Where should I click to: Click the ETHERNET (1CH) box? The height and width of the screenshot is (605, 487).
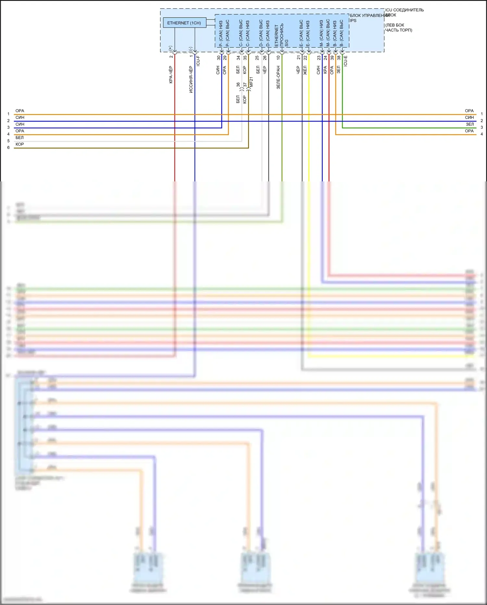click(x=184, y=23)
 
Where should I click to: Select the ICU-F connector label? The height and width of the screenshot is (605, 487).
click(x=198, y=61)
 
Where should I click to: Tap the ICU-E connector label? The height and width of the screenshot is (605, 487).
click(x=345, y=61)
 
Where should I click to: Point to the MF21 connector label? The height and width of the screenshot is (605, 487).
click(x=251, y=82)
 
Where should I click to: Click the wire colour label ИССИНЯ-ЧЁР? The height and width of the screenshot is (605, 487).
click(x=191, y=80)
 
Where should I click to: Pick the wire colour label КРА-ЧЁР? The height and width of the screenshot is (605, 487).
click(x=171, y=75)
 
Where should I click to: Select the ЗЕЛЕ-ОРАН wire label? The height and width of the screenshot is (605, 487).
click(x=278, y=77)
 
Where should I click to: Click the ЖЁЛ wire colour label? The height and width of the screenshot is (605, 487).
click(x=305, y=70)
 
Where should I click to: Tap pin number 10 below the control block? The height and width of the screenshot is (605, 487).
click(x=278, y=58)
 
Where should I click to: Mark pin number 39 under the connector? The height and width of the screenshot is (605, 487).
click(x=332, y=58)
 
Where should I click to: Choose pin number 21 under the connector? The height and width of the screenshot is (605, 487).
click(x=298, y=58)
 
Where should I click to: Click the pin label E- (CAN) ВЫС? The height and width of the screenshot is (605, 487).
click(x=301, y=33)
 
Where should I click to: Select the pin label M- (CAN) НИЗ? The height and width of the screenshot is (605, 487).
click(x=321, y=33)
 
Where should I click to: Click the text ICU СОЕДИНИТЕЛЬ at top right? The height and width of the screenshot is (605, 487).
click(x=404, y=10)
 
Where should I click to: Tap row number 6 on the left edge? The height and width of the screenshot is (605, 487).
click(x=8, y=148)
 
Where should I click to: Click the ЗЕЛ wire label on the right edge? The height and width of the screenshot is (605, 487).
click(x=470, y=124)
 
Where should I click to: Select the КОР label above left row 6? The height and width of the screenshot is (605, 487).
click(x=20, y=144)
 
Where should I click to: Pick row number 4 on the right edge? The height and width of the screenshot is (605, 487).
click(x=482, y=134)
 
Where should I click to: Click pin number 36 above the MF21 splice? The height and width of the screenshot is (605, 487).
click(x=238, y=85)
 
